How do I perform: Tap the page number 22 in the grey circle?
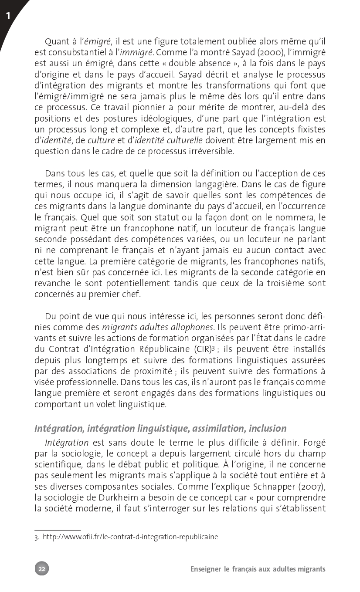coord(42,568)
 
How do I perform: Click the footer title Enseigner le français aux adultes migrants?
coord(258,569)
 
